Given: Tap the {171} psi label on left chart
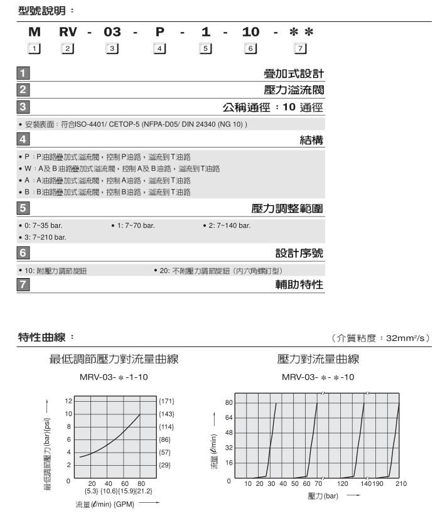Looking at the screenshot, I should click(166, 400).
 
